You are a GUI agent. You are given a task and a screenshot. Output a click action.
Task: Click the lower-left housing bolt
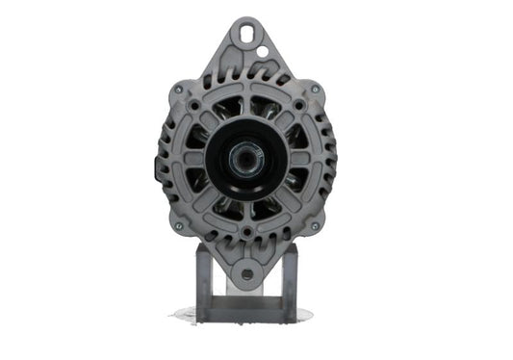(179, 226)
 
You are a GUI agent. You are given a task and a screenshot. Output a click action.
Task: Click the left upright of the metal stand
(203, 279)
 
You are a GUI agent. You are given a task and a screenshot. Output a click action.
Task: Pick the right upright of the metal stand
(289, 279)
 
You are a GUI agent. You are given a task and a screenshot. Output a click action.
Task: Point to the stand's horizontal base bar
(245, 310)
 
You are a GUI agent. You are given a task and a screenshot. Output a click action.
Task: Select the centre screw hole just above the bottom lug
(247, 232)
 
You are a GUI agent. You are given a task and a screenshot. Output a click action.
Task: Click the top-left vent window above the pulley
(230, 107)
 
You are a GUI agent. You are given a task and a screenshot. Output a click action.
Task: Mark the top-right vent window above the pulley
(266, 107)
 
